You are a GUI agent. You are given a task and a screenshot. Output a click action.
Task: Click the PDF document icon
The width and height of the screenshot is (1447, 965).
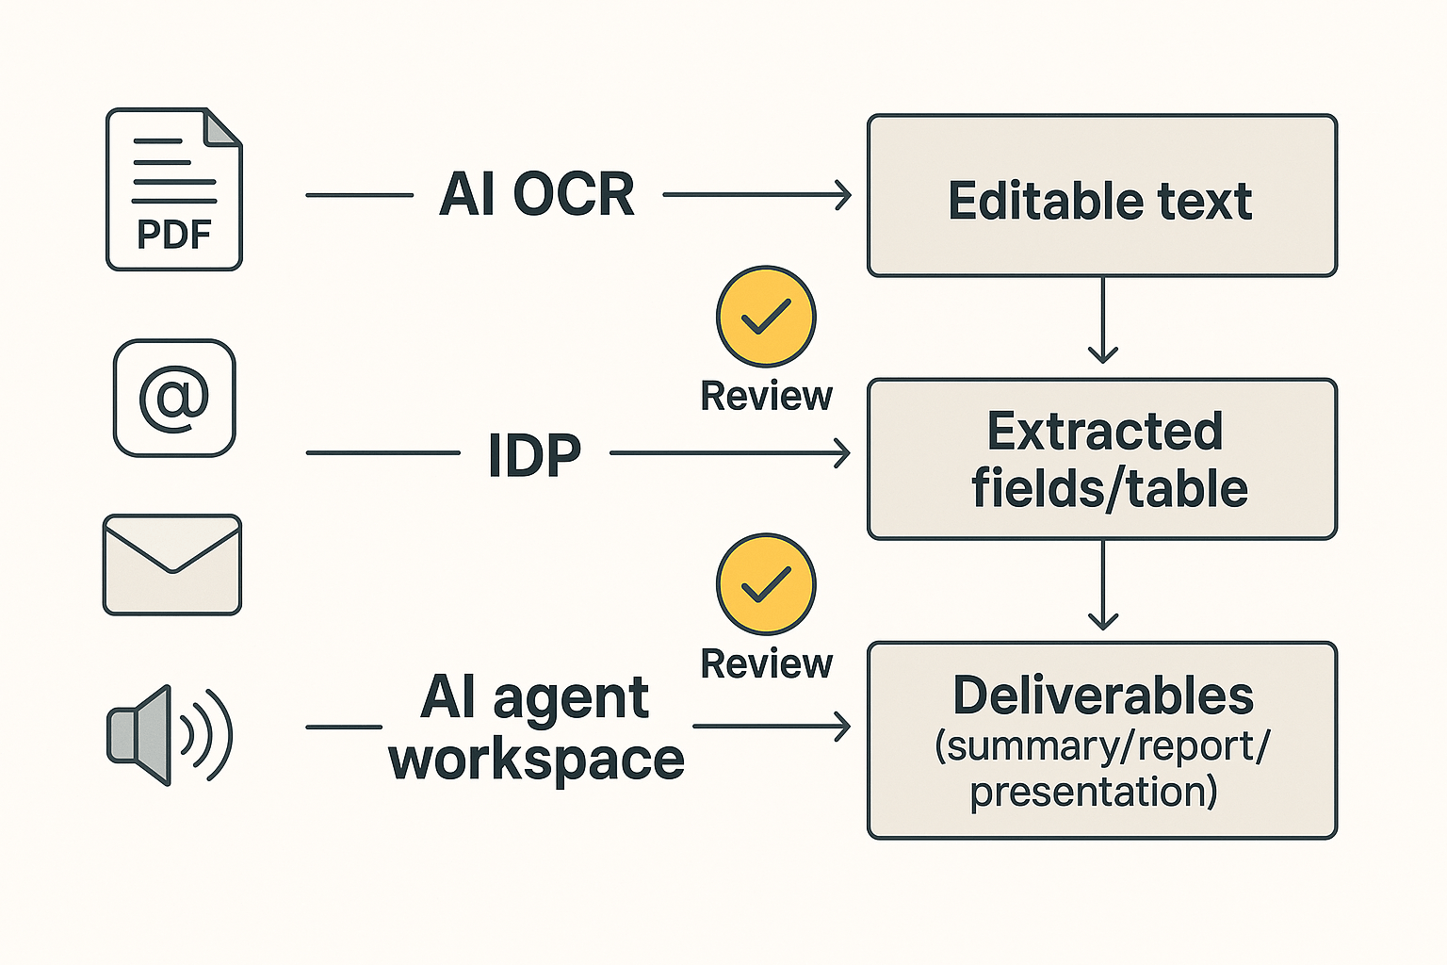point(174,189)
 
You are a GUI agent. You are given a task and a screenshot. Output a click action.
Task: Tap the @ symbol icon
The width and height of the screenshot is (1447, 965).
point(174,398)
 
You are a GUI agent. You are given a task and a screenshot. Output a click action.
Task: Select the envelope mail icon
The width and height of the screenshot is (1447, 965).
point(172,564)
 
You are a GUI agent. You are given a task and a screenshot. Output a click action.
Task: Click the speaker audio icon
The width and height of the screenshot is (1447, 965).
point(170,735)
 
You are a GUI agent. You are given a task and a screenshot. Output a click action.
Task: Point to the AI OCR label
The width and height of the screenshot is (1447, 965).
point(537,195)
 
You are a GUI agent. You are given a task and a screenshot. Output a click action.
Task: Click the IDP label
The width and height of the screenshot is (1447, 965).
point(534,455)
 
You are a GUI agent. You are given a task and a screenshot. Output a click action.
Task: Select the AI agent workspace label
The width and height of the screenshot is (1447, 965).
point(537,728)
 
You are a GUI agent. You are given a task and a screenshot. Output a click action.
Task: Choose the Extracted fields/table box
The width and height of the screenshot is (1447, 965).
point(1101,459)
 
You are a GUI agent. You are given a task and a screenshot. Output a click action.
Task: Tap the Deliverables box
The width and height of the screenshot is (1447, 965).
point(1101,740)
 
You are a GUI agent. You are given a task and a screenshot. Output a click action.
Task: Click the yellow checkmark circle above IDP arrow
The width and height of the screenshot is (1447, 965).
point(766,317)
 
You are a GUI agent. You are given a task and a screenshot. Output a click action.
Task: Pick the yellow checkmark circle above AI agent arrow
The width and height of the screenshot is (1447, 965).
point(766,584)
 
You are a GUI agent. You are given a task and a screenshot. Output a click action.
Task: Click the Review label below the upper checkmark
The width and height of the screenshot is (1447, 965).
point(766,397)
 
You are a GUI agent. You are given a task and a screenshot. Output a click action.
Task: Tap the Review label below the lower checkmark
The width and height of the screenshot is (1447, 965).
point(766,664)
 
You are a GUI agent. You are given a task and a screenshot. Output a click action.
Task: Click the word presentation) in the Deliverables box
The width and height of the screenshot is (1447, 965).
point(1094,792)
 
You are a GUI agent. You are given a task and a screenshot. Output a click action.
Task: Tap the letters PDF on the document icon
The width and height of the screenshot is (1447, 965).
point(174,235)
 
